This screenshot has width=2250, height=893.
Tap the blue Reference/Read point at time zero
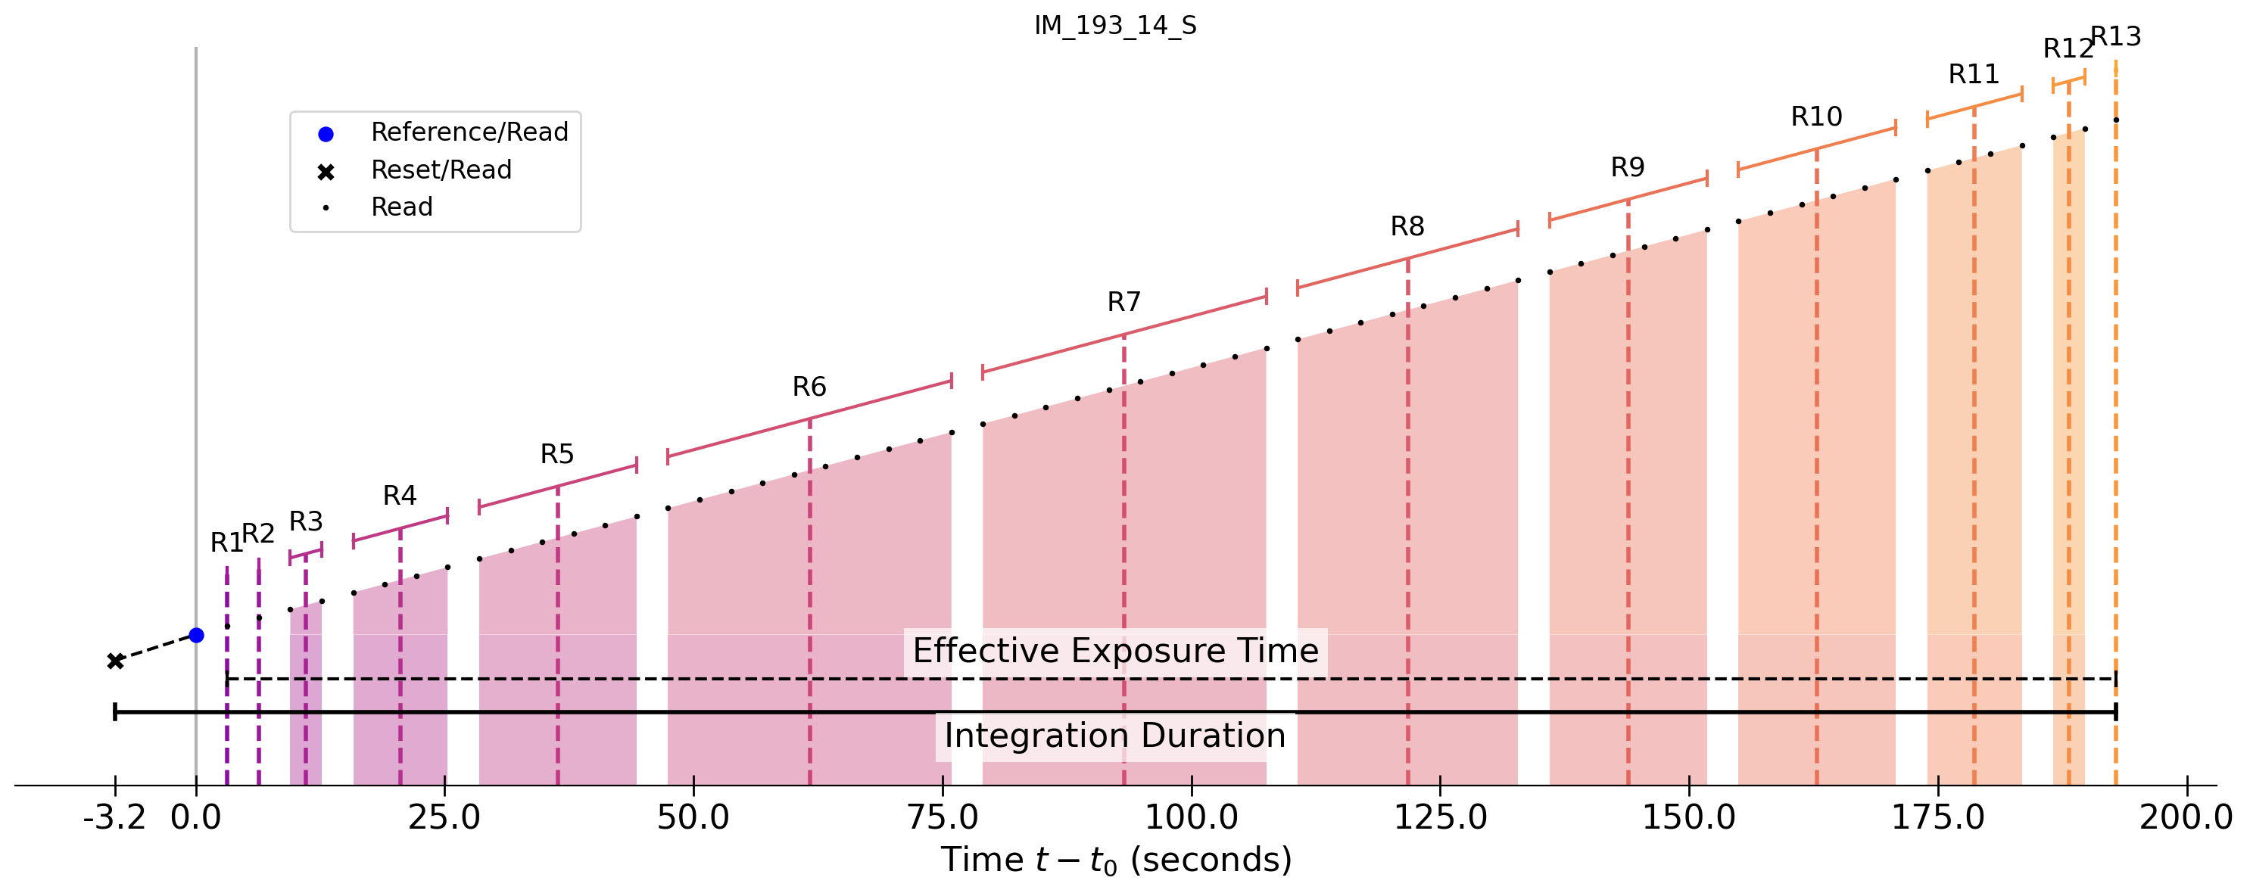point(197,636)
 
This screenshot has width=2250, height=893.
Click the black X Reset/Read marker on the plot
point(115,661)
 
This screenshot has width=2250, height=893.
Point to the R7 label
point(1124,303)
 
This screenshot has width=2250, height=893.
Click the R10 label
point(1817,117)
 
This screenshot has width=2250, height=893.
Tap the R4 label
point(400,496)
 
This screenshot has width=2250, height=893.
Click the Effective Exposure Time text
point(1115,651)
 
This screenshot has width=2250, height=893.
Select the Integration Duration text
point(1115,736)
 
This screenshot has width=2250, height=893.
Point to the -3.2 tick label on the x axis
point(114,818)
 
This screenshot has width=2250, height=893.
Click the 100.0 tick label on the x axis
point(1192,818)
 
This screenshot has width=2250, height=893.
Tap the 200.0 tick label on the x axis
point(2186,818)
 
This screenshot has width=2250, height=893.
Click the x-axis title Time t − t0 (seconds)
point(1115,860)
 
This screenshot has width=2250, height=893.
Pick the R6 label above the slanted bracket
point(810,387)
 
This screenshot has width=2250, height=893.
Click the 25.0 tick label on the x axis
point(444,818)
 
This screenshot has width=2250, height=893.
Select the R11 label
point(1974,75)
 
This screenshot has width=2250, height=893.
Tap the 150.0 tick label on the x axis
point(1689,818)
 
